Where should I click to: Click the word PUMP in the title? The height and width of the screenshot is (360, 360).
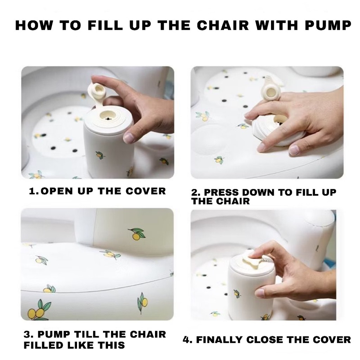[x=328, y=25]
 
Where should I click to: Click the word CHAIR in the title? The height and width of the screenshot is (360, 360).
[x=223, y=25]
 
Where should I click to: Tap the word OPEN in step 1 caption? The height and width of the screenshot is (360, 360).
[x=57, y=191]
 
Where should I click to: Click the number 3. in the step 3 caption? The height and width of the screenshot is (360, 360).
[x=29, y=335]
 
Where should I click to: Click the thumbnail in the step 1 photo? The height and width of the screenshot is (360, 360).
[x=129, y=138]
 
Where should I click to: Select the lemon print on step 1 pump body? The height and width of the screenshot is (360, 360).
[x=99, y=155]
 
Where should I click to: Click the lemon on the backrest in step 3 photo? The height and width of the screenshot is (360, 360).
[x=137, y=234]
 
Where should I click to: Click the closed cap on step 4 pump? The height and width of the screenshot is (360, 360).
[x=253, y=260]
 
